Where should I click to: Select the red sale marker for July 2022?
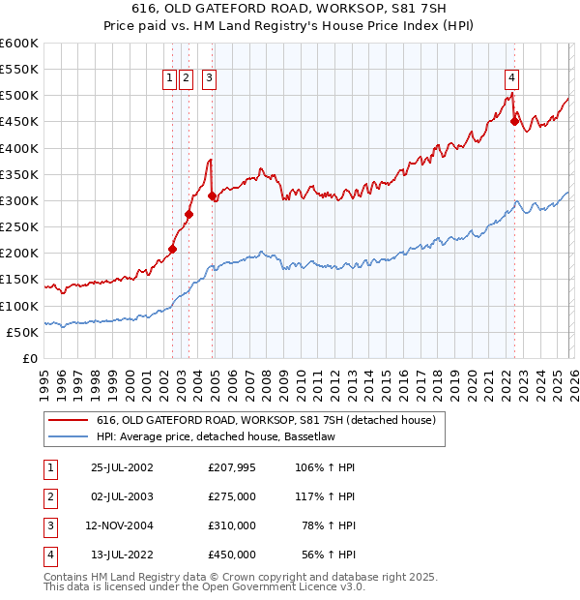click(x=514, y=121)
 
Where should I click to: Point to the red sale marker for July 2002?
click(x=173, y=249)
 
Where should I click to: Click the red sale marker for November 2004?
click(x=213, y=195)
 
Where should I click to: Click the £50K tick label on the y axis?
click(x=22, y=332)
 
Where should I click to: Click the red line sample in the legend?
click(x=69, y=420)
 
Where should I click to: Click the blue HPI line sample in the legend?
click(x=69, y=436)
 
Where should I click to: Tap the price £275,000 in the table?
click(x=232, y=497)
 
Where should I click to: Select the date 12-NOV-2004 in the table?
click(x=120, y=525)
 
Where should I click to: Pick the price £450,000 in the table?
click(x=232, y=555)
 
